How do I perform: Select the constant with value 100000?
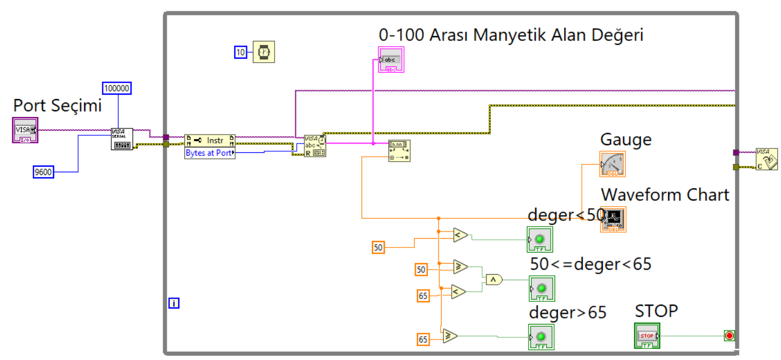pos(117,88)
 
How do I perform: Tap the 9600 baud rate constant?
pos(43,172)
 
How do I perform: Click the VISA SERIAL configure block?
pos(122,139)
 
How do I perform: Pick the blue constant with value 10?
pos(240,52)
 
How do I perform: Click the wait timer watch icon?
pos(263,52)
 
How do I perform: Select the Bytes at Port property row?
pos(209,153)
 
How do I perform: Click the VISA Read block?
pos(314,146)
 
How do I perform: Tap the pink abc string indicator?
pos(391,59)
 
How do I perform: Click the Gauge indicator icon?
pos(612,164)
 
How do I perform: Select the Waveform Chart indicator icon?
pos(613,219)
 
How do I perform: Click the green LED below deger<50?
pos(540,239)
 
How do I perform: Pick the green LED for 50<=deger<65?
pos(541,289)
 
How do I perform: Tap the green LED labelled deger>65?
pos(541,337)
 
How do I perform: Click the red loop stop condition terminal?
pos(729,336)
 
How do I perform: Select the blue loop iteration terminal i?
pos(174,303)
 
